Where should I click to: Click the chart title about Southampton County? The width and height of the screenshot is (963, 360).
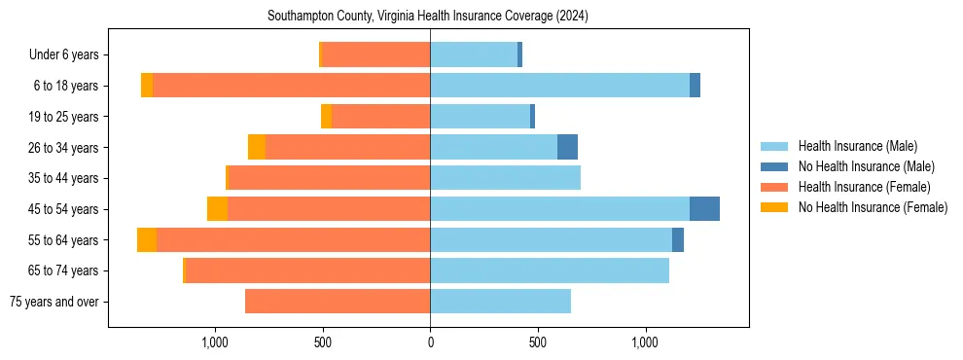point(428,17)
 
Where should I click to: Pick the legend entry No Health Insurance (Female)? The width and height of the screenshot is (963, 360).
point(873,207)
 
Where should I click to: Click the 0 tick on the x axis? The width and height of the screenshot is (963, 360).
point(430,342)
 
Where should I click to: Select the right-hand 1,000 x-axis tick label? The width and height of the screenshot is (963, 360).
point(645,342)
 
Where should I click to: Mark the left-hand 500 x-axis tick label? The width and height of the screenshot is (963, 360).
point(323,342)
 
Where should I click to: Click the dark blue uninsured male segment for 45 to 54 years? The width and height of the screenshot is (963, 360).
point(704,209)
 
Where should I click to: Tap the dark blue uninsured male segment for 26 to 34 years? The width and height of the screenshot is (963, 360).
point(567,147)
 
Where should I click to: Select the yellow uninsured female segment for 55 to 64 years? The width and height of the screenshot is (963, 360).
point(147,240)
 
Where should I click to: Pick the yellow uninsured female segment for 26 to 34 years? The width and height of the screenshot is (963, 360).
point(257,147)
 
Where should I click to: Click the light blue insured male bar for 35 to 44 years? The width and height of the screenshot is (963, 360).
point(505,178)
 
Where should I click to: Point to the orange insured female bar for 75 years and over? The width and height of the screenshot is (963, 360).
point(338,302)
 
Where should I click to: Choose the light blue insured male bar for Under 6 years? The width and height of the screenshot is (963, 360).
point(474,55)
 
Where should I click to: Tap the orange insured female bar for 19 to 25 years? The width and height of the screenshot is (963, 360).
point(380,117)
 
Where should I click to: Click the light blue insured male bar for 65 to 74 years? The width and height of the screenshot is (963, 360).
point(550,270)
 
